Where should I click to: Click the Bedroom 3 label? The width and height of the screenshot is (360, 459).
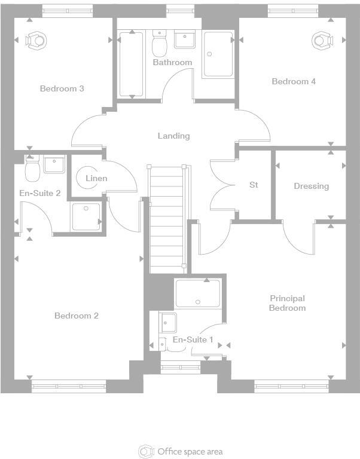(x=62, y=88)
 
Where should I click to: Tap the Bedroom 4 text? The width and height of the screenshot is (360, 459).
(x=294, y=81)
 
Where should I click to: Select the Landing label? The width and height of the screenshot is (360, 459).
(x=173, y=136)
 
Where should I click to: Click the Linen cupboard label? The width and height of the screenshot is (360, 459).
(x=96, y=178)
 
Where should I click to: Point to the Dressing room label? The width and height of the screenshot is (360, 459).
(x=312, y=186)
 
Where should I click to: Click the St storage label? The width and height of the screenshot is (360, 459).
(x=254, y=185)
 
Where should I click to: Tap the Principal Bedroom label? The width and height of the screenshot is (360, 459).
(x=288, y=303)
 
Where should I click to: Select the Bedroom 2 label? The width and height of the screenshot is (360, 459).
(x=77, y=316)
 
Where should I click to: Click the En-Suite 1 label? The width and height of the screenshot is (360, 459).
(x=193, y=339)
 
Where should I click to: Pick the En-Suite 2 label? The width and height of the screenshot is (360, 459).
(x=40, y=193)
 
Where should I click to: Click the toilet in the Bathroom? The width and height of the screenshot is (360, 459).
(x=160, y=43)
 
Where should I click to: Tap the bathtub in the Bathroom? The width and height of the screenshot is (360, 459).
(x=131, y=64)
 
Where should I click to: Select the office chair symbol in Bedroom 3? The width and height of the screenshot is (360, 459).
(x=36, y=40)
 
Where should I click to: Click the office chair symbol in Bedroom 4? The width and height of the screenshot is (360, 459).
(x=322, y=40)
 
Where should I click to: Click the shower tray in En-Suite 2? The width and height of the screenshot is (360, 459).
(x=86, y=217)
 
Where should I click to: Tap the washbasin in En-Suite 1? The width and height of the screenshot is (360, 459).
(x=167, y=323)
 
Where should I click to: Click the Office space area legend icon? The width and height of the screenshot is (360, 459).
(x=146, y=452)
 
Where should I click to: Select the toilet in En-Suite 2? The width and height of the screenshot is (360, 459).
(x=32, y=169)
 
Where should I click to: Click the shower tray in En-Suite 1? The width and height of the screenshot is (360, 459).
(x=198, y=293)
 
